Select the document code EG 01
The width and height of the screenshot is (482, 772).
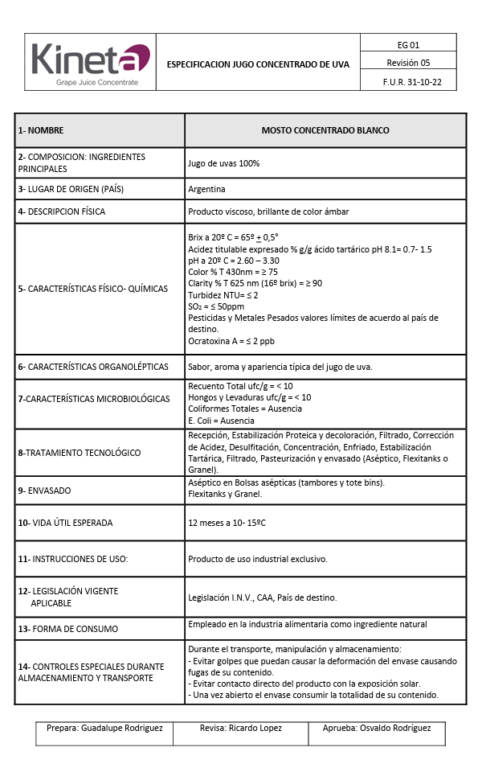(x=408, y=45)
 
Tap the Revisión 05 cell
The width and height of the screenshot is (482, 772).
(x=408, y=63)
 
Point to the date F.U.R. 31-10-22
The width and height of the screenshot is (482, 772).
(x=408, y=82)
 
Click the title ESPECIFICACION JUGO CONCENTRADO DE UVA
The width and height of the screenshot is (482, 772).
(x=258, y=64)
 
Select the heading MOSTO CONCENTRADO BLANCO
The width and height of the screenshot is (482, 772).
(x=325, y=130)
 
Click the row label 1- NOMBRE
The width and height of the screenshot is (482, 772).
(x=41, y=130)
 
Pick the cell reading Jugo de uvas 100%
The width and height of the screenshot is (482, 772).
(x=223, y=163)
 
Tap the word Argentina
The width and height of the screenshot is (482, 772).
(x=206, y=189)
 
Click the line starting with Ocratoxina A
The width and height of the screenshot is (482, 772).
(x=231, y=341)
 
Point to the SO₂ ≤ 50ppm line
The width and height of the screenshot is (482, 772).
(x=216, y=306)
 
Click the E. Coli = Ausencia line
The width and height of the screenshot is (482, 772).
(x=221, y=421)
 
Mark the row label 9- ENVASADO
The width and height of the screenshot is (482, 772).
(x=44, y=489)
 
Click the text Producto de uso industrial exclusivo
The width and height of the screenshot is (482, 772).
(x=258, y=559)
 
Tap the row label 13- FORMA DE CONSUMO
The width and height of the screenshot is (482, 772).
(x=67, y=629)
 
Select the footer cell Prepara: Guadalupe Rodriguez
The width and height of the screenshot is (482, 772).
(x=104, y=728)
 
